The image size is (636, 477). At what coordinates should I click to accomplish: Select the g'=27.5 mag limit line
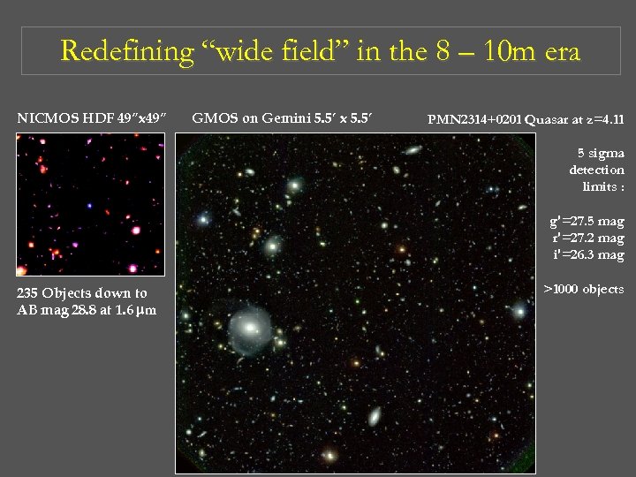(587, 222)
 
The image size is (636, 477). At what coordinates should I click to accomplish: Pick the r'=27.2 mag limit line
(587, 238)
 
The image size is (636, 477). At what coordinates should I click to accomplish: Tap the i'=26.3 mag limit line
(587, 255)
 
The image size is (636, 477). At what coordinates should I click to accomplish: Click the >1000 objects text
(584, 289)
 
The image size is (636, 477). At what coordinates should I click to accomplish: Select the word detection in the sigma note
(596, 170)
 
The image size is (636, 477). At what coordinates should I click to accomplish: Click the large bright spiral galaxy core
(250, 328)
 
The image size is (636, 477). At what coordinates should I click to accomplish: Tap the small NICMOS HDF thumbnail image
(83, 204)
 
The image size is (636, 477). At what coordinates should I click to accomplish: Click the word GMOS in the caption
(212, 117)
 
